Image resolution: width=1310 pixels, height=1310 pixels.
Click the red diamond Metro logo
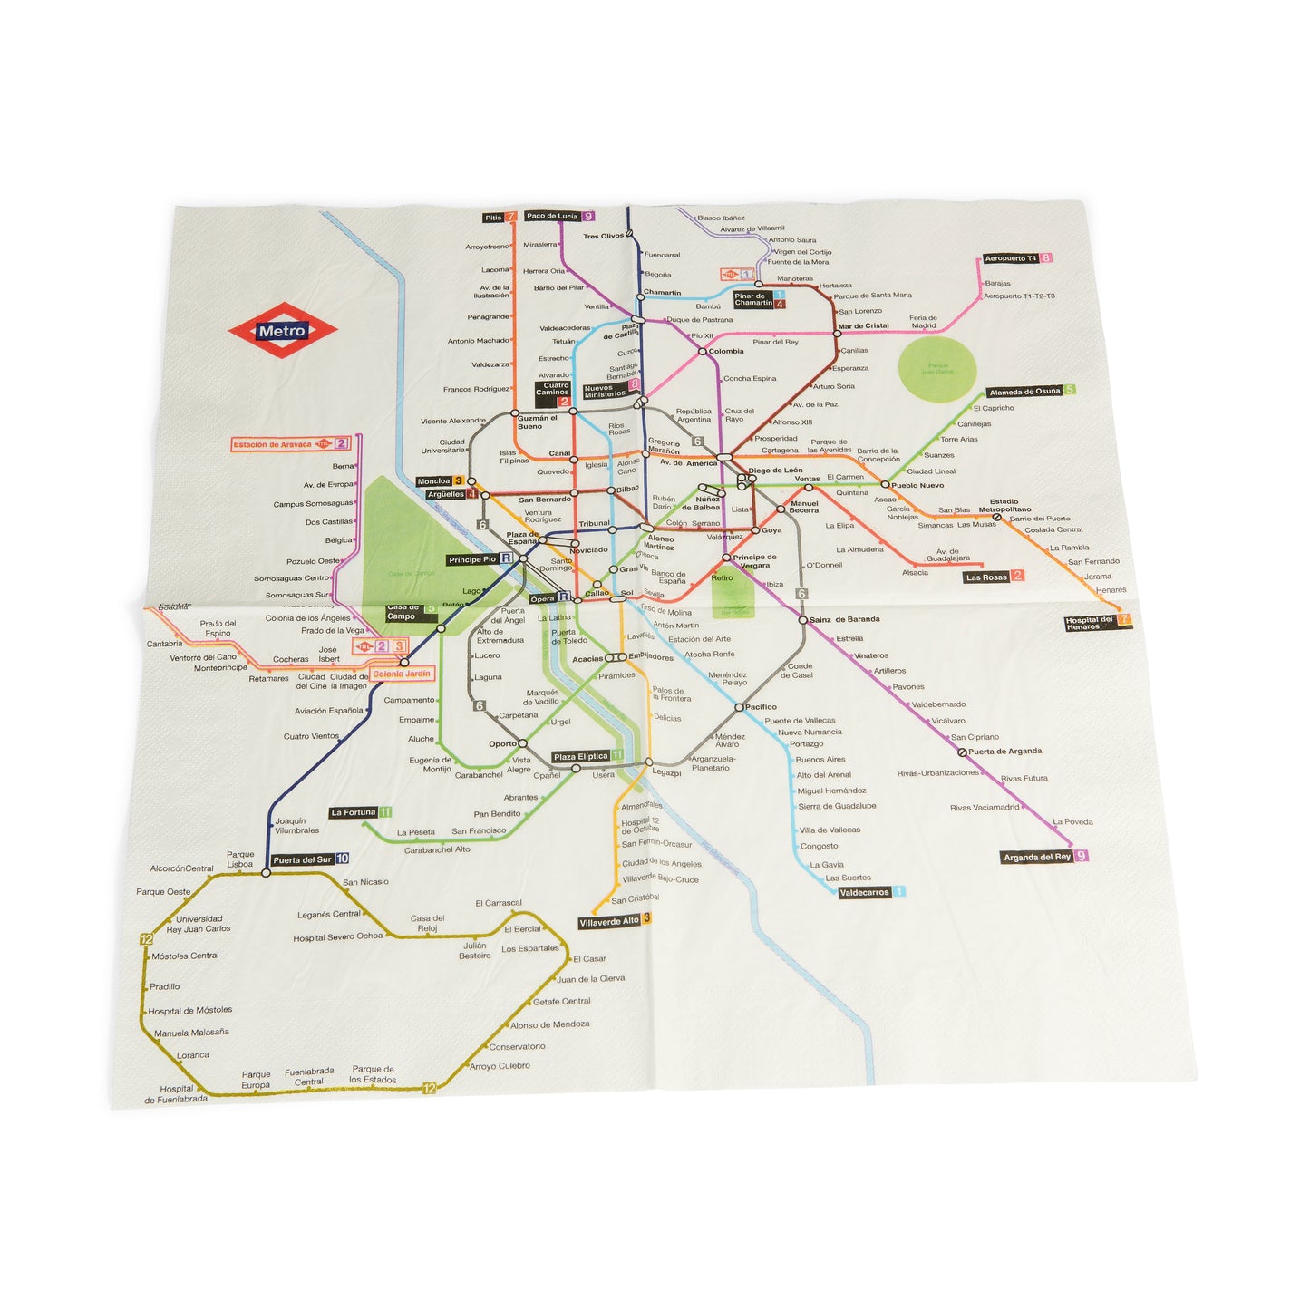[x=282, y=331]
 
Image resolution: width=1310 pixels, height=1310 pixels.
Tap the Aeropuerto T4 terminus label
[x=1011, y=258]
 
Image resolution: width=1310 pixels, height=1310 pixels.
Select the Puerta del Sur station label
[x=303, y=859]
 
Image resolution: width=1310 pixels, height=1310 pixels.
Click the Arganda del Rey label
[x=1037, y=857]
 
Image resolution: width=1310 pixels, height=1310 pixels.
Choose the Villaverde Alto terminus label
[x=608, y=921]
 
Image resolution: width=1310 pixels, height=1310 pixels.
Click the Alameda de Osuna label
[x=1024, y=392]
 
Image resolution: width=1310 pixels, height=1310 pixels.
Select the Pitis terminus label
[x=493, y=218]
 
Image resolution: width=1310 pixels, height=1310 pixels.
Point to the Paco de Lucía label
[x=552, y=216]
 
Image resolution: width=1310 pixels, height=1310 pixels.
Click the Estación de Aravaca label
[x=272, y=444]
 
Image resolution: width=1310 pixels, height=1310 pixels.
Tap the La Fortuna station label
[x=354, y=812]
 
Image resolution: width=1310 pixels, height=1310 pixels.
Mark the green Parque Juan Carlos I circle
[x=936, y=370]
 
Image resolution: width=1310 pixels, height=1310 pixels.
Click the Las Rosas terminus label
[x=986, y=577]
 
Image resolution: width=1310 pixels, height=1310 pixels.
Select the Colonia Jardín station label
[x=402, y=674]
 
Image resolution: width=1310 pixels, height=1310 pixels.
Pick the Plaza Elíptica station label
[x=581, y=756]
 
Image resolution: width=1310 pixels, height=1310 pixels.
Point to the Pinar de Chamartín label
[x=753, y=299]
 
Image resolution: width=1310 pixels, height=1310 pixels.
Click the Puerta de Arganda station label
[x=1004, y=751]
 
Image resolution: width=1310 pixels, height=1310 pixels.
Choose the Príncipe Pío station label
[x=471, y=559]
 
